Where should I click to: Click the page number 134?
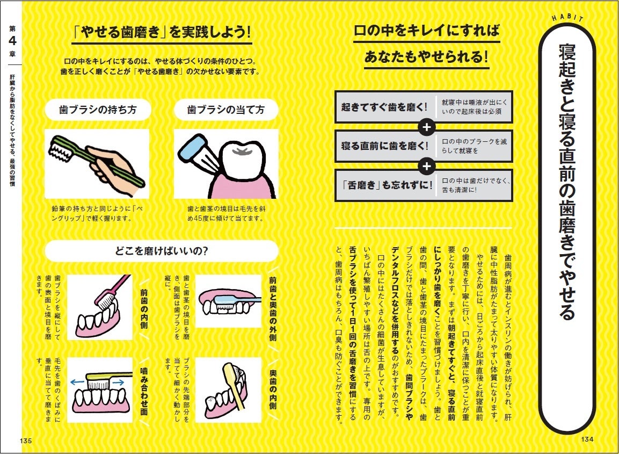click(587, 439)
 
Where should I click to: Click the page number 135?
click(26, 440)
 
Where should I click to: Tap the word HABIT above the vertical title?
click(568, 17)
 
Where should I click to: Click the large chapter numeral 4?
click(13, 41)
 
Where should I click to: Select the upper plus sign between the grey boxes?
click(426, 127)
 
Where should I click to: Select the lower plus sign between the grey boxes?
click(426, 166)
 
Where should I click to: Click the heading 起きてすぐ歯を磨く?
click(384, 107)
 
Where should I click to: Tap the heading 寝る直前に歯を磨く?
click(384, 146)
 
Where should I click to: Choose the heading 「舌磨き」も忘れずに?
click(387, 185)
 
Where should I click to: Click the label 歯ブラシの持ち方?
click(98, 110)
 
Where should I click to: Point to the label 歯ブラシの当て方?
click(226, 110)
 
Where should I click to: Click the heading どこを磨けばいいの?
click(162, 251)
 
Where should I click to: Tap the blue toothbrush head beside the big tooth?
click(192, 149)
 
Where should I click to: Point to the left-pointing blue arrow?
click(77, 382)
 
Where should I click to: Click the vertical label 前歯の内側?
click(144, 308)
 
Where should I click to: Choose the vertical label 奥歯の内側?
click(273, 390)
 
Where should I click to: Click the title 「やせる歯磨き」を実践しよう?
click(162, 32)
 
